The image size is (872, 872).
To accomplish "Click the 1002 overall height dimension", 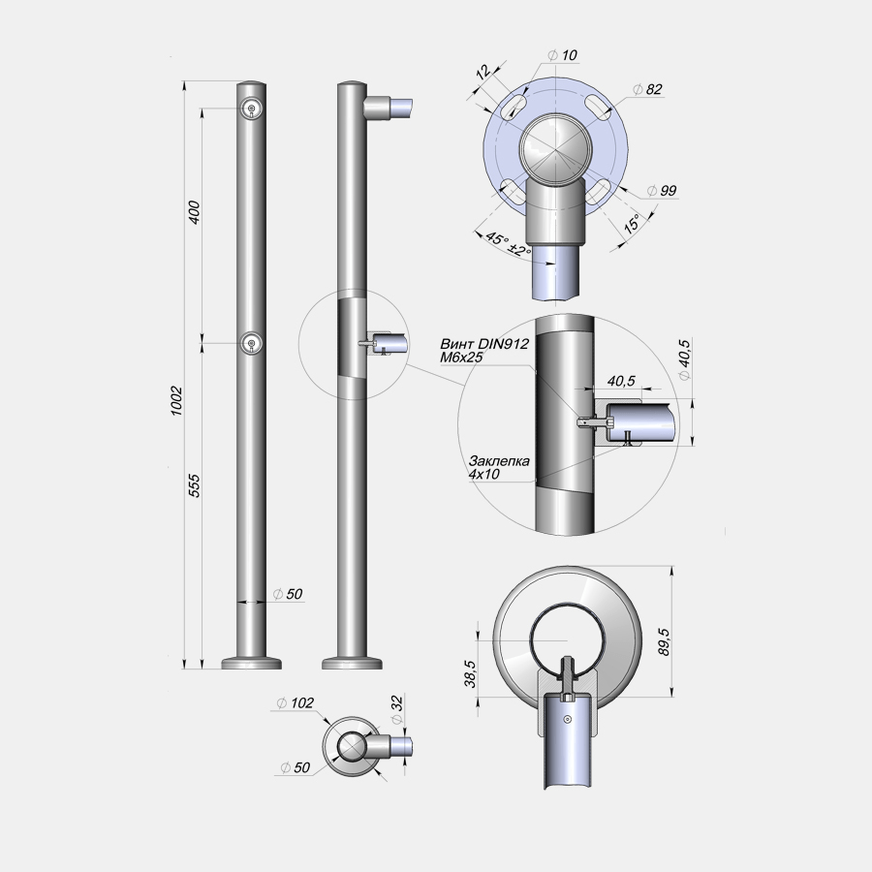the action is tap(176, 400).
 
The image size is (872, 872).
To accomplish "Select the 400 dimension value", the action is tap(194, 212).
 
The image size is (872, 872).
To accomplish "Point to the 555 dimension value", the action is tap(194, 485).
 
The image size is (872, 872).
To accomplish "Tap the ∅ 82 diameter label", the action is tap(648, 89).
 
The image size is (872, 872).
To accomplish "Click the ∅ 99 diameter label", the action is tap(663, 190).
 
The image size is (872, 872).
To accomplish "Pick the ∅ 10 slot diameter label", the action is tap(563, 55).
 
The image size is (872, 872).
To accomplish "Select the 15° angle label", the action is tap(632, 224).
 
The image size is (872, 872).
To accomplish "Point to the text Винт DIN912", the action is tap(483, 344).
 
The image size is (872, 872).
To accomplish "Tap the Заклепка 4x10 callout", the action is tap(499, 467).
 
